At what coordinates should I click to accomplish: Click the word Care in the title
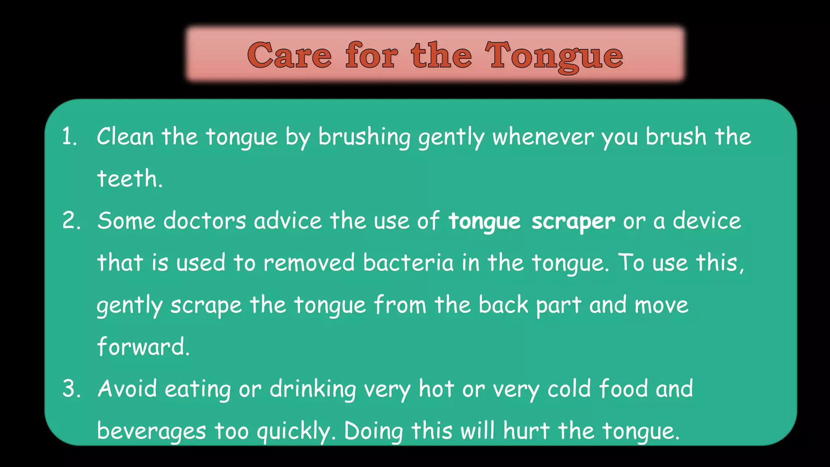pos(289,56)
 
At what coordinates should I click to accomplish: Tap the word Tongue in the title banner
pos(554,56)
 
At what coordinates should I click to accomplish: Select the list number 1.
pos(69,137)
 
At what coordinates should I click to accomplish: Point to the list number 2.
pos(71,221)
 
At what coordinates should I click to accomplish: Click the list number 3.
pos(71,389)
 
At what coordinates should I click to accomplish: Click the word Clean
pos(125,137)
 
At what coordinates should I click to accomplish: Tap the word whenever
pos(543,137)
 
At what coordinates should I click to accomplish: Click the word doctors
pos(205,221)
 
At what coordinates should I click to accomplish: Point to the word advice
pos(288,221)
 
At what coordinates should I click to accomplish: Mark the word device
pos(707,221)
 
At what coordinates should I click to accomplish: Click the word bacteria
pos(408,263)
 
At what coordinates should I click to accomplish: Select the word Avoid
pos(127,389)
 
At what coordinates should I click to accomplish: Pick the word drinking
pos(313,390)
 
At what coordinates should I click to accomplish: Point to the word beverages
pos(151,431)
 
